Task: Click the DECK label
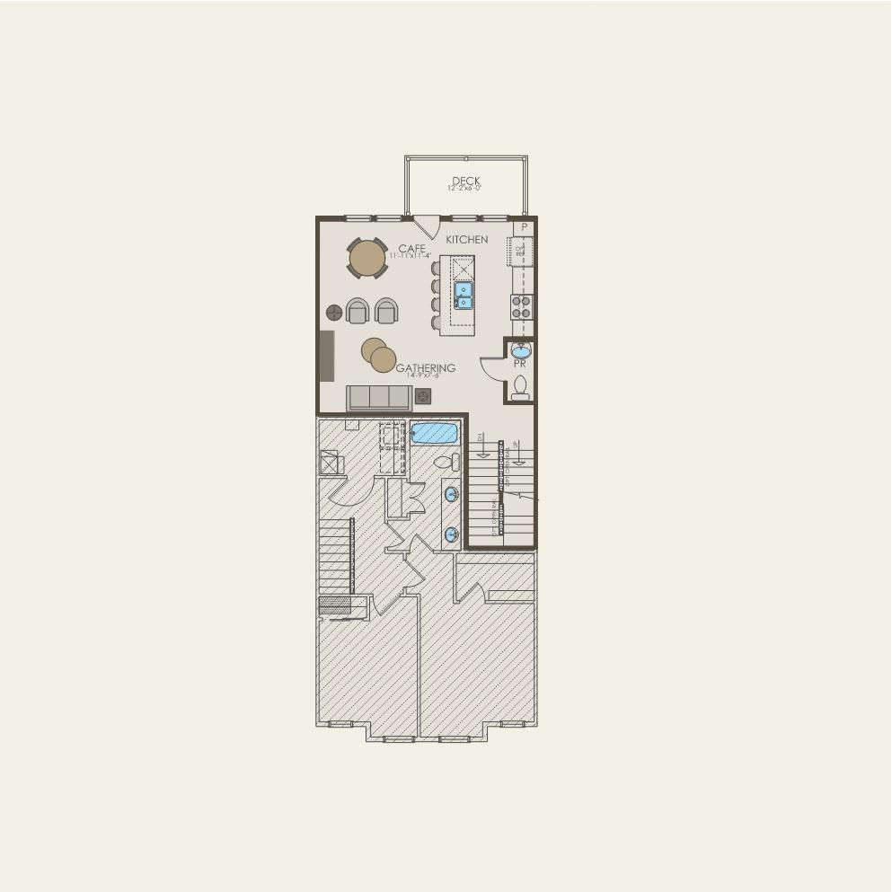click(465, 181)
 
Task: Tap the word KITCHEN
click(467, 240)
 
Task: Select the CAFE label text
click(411, 248)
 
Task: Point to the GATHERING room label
click(425, 368)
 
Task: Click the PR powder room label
click(519, 365)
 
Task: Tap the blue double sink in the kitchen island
click(463, 296)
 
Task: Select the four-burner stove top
click(522, 307)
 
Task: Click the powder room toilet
click(520, 387)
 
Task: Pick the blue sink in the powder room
click(521, 350)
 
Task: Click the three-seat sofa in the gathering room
click(379, 397)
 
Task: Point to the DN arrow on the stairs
click(482, 445)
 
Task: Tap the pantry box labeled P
click(524, 228)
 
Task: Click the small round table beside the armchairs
click(334, 313)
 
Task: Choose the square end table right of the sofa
click(423, 396)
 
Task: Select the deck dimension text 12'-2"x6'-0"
click(465, 189)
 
